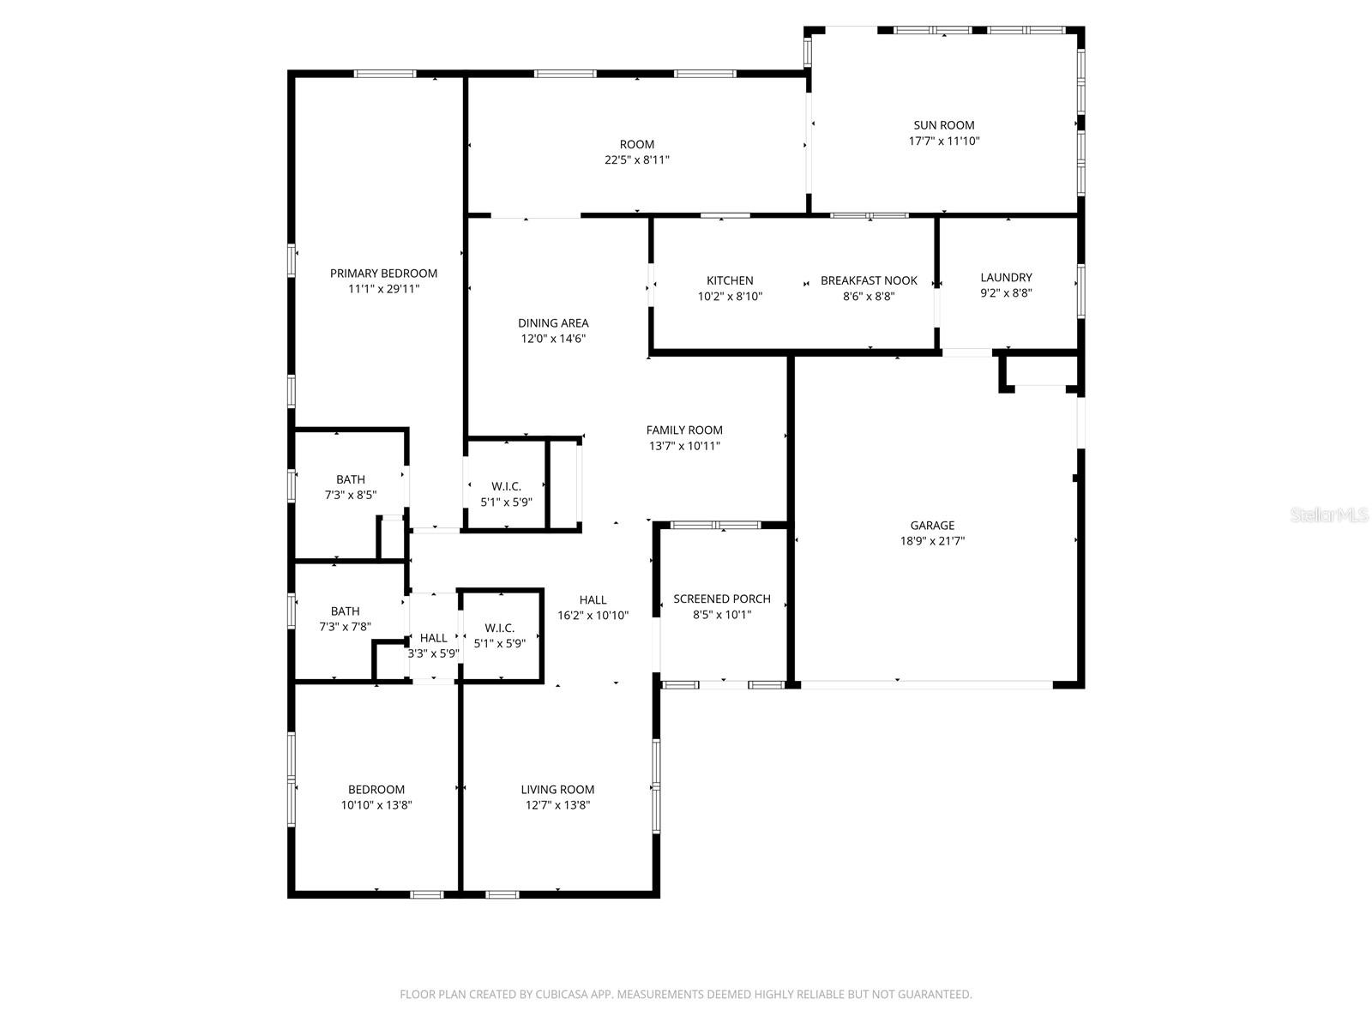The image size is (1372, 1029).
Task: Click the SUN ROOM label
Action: click(943, 125)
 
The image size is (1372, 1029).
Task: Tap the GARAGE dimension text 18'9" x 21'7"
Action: click(932, 541)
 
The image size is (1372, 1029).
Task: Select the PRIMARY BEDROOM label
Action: click(383, 274)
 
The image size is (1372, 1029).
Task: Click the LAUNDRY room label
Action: click(1006, 278)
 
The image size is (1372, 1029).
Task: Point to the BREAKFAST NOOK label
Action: click(869, 280)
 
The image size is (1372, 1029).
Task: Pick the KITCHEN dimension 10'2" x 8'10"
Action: click(730, 297)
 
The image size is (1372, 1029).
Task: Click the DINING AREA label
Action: click(553, 323)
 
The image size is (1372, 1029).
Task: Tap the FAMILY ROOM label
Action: click(684, 430)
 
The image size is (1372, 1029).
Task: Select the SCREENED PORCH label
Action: click(722, 599)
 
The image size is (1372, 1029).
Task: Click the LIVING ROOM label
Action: click(557, 790)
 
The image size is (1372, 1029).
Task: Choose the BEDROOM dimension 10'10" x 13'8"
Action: click(376, 805)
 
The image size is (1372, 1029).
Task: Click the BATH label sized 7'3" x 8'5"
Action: click(350, 480)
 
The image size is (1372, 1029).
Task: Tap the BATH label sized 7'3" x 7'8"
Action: click(345, 611)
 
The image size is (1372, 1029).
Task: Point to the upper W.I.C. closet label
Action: click(506, 486)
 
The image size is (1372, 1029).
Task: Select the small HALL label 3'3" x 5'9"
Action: click(433, 638)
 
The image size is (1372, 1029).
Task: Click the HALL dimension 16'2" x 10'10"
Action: click(593, 616)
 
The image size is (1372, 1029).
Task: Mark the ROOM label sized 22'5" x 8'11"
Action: click(637, 145)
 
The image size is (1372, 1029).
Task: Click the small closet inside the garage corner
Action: click(1040, 372)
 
